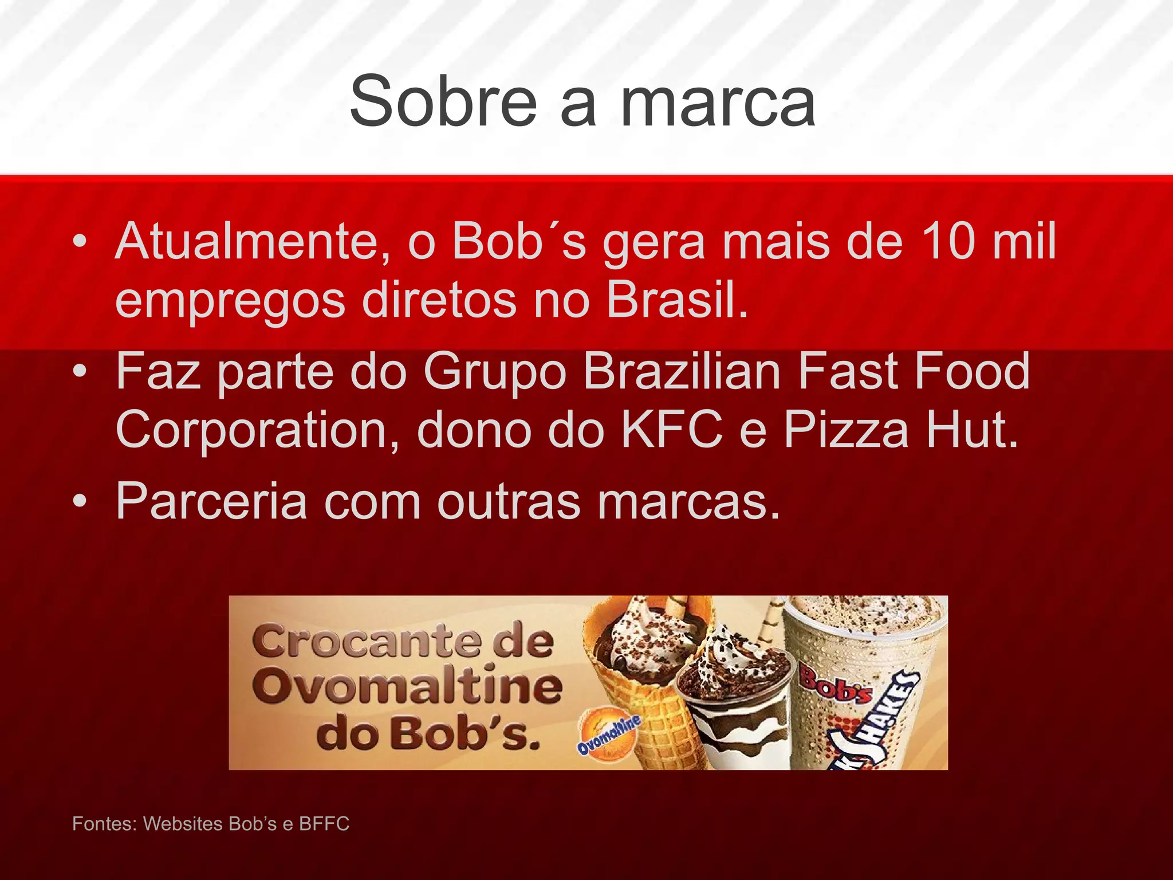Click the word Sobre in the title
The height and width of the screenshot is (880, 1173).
443,102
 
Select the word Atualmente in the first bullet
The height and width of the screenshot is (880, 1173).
253,242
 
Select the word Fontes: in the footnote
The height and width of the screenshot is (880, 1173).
104,824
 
